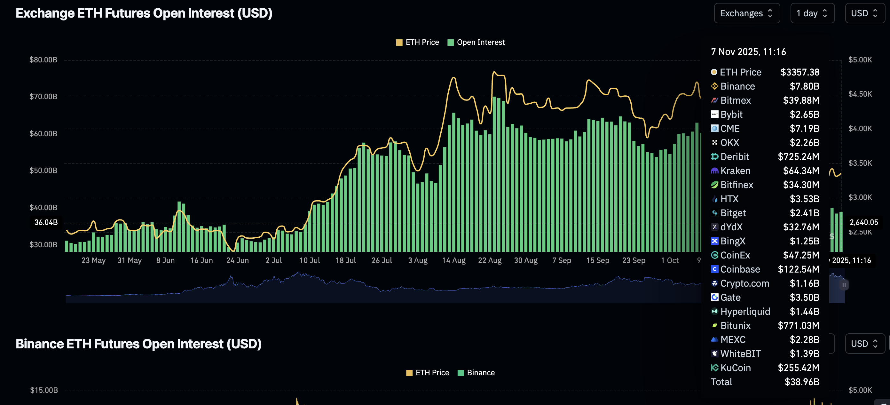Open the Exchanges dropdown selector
[746, 13]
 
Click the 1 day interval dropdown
[812, 13]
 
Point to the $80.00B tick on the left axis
[43, 60]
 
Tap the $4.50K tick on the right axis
[860, 94]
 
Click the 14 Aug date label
[454, 260]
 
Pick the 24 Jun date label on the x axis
[237, 260]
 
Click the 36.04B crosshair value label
[46, 222]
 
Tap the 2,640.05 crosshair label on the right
[863, 222]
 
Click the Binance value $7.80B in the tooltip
[804, 86]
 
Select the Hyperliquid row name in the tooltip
[745, 312]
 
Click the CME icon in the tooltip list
[714, 129]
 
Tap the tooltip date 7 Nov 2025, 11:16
[748, 52]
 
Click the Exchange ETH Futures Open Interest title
[144, 13]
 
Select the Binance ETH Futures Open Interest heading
[138, 344]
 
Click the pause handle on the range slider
[844, 285]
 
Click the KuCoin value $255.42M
[798, 368]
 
